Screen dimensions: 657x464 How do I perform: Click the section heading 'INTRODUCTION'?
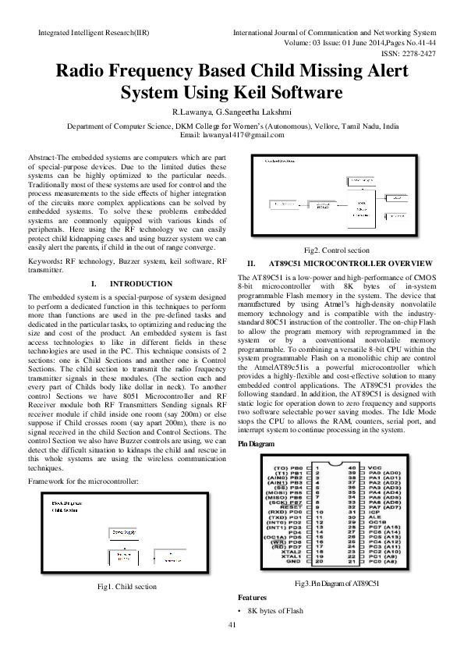coord(141,284)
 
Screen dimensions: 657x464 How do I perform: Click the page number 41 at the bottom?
coord(232,646)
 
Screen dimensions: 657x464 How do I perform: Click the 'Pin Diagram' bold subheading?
coord(256,442)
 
